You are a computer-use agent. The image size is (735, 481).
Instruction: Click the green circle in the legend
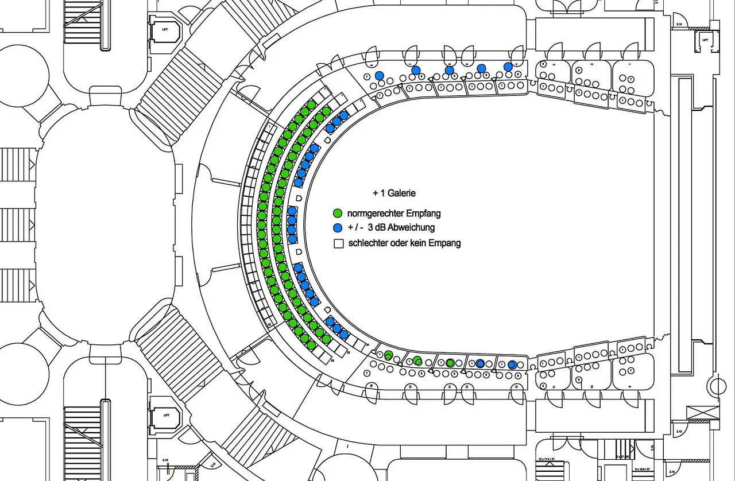(x=338, y=214)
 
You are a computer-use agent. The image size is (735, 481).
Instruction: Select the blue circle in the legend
(x=338, y=228)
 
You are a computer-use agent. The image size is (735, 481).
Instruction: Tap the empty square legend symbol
(x=338, y=243)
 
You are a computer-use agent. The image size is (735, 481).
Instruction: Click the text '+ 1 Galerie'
(x=394, y=193)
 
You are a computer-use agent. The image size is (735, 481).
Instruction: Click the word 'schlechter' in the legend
(x=368, y=243)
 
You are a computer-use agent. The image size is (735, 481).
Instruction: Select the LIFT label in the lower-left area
(x=167, y=414)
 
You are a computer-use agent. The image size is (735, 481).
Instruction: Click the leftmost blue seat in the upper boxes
(x=379, y=76)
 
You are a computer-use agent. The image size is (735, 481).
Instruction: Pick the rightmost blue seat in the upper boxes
(x=508, y=67)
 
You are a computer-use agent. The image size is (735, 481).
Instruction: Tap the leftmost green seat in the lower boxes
(x=388, y=354)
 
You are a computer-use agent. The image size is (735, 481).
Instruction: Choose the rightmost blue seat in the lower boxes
(x=512, y=364)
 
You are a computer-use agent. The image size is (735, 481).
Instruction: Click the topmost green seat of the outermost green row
(x=311, y=104)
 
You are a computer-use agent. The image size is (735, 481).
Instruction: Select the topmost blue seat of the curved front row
(x=343, y=115)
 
